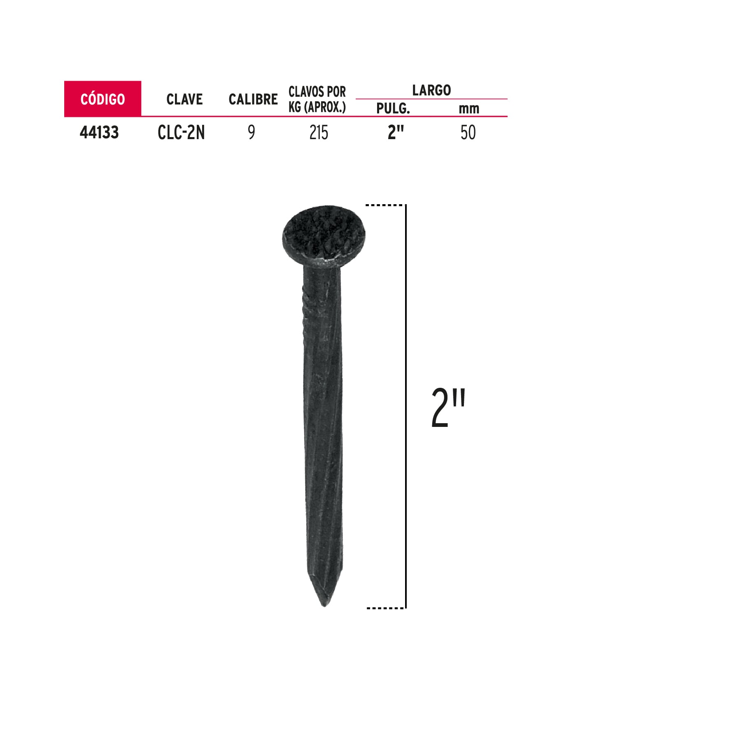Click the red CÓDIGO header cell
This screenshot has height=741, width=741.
coord(103,99)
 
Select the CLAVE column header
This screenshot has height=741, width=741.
coord(184,99)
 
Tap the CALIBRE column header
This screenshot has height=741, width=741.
coord(253,99)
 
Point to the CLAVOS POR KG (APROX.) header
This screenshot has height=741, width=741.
coord(317,99)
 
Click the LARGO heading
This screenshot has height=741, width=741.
coord(431,90)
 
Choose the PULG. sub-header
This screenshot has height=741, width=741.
coord(393,109)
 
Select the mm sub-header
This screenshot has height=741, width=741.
coord(469,109)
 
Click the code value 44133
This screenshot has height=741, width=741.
coord(99,133)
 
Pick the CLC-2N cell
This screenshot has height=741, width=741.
coord(181,133)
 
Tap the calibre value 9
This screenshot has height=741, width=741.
coord(251,133)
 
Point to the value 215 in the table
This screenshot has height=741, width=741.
coord(319,133)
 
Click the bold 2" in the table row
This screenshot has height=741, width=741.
coord(396,133)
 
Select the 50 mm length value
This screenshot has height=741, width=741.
coord(468,133)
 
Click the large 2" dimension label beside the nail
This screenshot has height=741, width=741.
coord(448,408)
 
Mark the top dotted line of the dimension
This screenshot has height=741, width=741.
coord(384,205)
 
